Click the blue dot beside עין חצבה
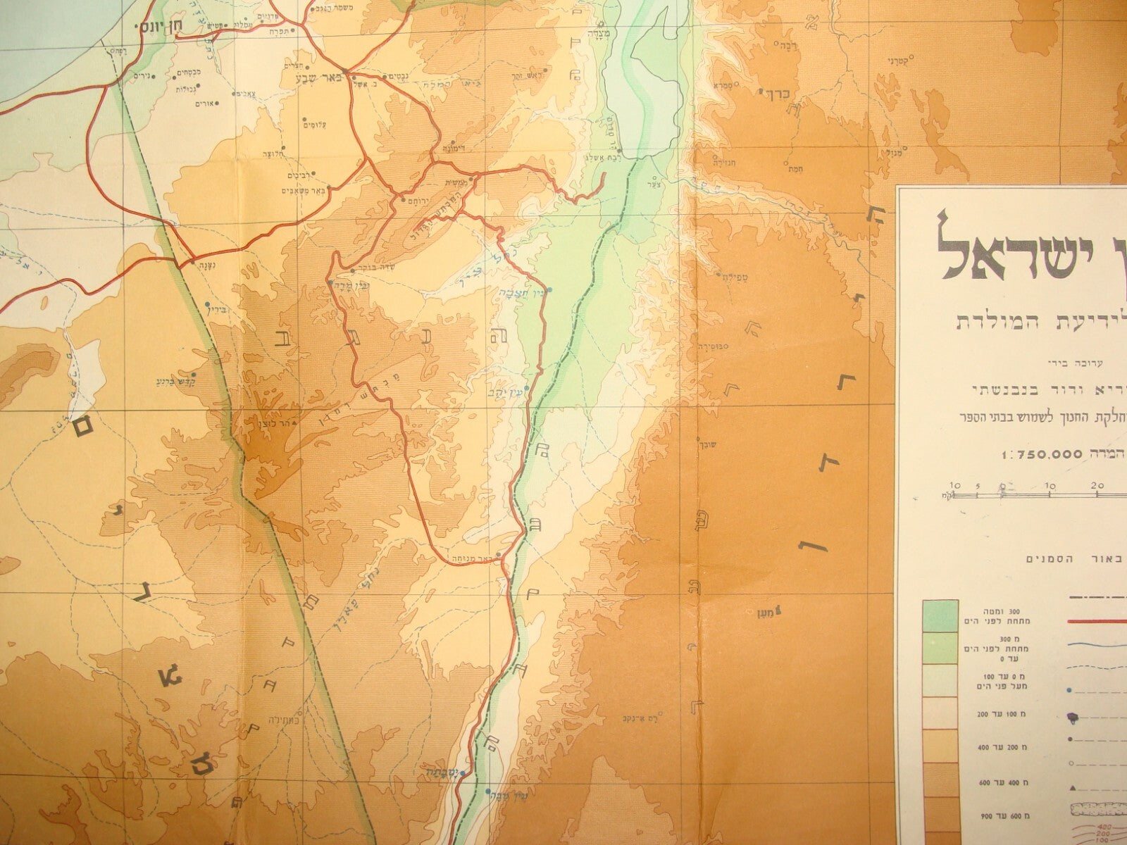(550, 290)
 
